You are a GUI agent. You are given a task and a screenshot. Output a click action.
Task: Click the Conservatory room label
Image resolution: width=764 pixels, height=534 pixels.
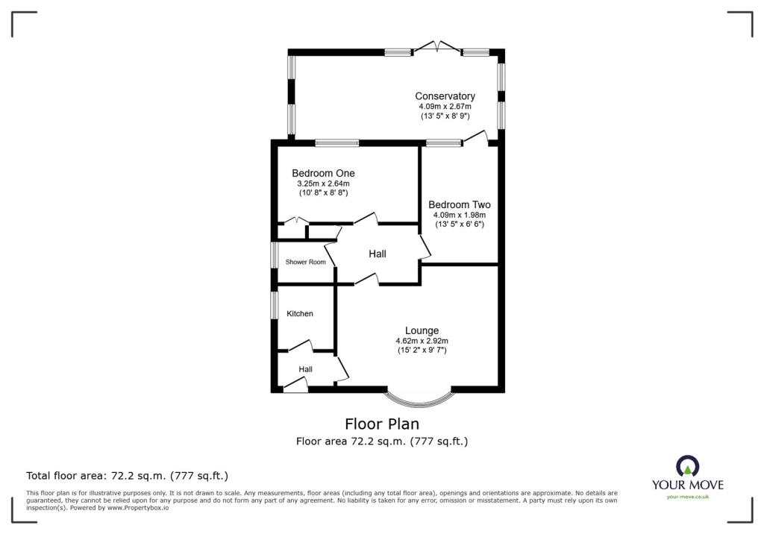coord(445,96)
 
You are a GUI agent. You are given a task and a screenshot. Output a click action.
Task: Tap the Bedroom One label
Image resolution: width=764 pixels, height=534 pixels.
coord(323,173)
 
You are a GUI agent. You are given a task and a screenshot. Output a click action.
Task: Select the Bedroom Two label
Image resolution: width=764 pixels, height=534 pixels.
coord(460,204)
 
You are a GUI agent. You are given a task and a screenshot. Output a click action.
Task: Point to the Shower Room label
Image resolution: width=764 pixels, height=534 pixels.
coord(305,262)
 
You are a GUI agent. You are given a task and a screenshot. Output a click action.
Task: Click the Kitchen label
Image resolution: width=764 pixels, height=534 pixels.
coord(300,314)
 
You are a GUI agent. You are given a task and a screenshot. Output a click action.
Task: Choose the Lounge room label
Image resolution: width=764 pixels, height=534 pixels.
coord(422,331)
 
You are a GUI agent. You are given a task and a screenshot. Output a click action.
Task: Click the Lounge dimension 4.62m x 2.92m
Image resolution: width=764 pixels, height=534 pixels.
coord(422,341)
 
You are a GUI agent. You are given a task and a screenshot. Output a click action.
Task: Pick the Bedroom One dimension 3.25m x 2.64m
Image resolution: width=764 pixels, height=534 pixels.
coord(324,183)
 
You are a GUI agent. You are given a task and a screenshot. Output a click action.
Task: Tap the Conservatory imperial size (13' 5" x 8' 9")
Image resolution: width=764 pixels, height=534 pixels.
coord(445,116)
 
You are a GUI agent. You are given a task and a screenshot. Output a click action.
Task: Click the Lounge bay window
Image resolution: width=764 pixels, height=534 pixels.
coord(419,403)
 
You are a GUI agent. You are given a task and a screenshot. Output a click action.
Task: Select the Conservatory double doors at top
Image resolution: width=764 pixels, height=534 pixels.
coord(437,46)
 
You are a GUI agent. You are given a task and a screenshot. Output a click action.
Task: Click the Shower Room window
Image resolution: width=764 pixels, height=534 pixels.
coord(275,255)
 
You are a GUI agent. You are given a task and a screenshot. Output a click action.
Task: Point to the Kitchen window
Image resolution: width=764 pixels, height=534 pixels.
coord(275,305)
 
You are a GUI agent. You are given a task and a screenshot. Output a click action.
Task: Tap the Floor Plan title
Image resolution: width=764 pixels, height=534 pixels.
coord(382,424)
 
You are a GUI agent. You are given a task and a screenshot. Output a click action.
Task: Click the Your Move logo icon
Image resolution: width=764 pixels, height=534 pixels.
coord(687,466)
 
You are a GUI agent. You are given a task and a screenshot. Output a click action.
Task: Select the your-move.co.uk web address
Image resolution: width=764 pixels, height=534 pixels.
coord(688,497)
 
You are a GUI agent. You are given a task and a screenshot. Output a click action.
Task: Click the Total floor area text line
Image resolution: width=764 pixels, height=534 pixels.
coord(127,476)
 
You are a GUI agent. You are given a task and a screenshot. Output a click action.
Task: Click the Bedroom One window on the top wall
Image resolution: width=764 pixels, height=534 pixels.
coord(337,143)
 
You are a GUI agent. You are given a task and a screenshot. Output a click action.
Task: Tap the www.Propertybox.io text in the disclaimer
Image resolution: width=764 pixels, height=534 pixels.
coord(138,508)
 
